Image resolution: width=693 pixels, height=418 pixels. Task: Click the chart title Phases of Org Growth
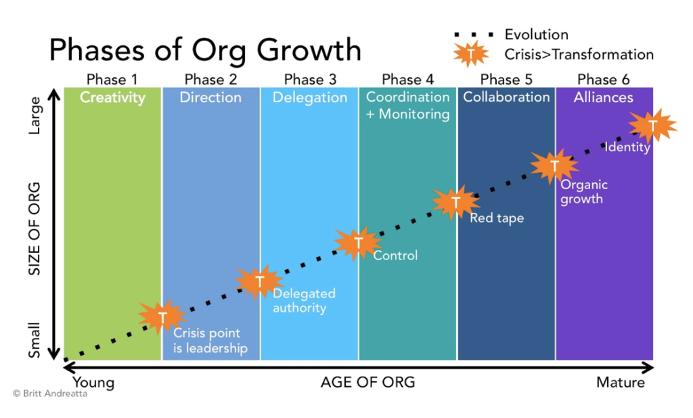[x=205, y=51]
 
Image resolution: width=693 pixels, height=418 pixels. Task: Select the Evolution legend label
[x=536, y=35]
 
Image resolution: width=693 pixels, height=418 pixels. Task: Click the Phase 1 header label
[x=112, y=80]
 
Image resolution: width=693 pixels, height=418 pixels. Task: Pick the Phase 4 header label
[x=407, y=80]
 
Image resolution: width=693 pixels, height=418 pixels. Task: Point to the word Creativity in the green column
[x=112, y=98]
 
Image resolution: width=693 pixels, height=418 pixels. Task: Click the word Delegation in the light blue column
[x=309, y=98]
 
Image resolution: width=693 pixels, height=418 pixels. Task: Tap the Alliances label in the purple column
[x=603, y=98]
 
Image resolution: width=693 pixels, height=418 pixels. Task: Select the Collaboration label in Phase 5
[x=506, y=97]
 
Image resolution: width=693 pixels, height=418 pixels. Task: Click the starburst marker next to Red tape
[x=455, y=203]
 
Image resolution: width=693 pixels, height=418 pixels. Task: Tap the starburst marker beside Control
[x=358, y=243]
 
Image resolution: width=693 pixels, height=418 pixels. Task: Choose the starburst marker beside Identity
[x=652, y=125]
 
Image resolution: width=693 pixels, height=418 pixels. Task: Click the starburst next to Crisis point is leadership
[x=162, y=317]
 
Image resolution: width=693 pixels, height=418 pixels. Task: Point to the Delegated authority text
[x=304, y=301]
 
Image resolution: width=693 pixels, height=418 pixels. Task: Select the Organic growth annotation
[x=584, y=192]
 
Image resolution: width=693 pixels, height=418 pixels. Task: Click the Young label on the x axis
[x=93, y=383]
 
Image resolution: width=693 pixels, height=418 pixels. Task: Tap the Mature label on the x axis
[x=620, y=383]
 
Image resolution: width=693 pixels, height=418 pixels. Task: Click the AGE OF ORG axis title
[x=367, y=383]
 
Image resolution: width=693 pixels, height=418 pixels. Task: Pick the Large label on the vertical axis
[x=35, y=115]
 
